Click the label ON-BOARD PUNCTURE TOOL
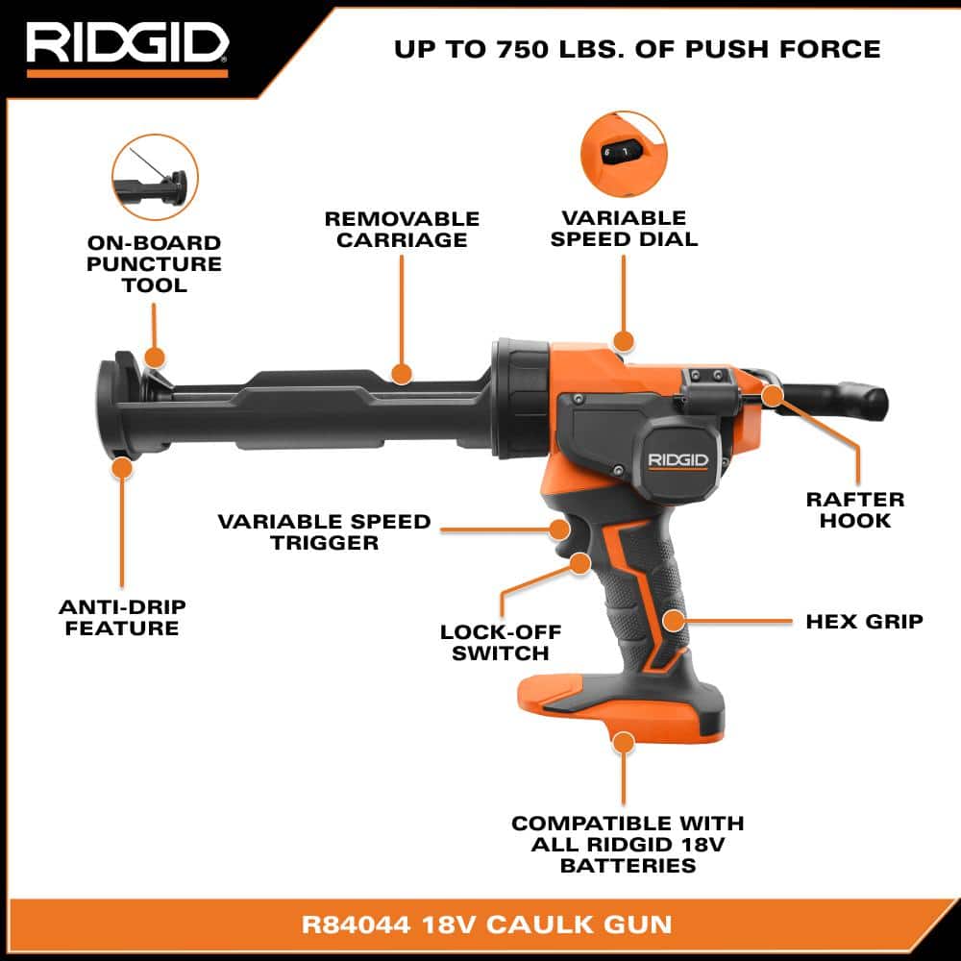coord(154,264)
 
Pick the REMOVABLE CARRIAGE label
coord(402,229)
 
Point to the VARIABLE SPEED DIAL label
coord(624,229)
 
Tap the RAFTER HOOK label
coord(855,510)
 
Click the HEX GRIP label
coord(863,621)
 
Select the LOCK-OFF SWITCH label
coord(501,642)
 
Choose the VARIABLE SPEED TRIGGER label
coord(324,531)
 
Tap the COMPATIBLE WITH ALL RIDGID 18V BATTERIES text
coord(628,844)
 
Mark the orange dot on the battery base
coord(624,743)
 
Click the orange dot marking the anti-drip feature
coord(121,468)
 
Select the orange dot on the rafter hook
coord(771,394)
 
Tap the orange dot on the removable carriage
coord(402,372)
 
